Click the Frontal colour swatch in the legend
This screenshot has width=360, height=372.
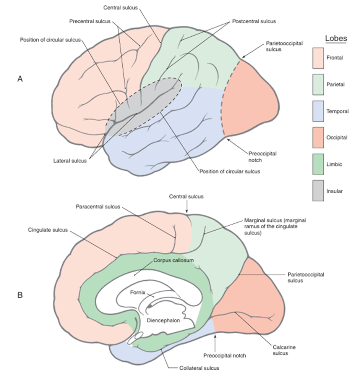click(x=318, y=58)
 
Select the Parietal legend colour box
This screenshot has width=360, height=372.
click(x=318, y=84)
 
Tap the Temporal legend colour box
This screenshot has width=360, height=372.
click(x=318, y=111)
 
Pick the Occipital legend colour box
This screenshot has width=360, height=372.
click(x=318, y=137)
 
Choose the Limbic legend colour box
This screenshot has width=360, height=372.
click(x=318, y=164)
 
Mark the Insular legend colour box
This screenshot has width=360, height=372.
click(x=318, y=191)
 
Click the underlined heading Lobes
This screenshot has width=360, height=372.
click(x=336, y=39)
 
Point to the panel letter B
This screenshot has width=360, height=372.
click(x=20, y=295)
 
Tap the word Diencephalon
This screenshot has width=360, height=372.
click(x=164, y=320)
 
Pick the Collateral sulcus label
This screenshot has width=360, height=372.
click(x=199, y=368)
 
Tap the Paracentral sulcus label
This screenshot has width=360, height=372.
click(x=98, y=207)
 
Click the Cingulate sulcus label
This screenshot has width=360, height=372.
click(x=48, y=230)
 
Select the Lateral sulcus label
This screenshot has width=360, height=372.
click(x=70, y=161)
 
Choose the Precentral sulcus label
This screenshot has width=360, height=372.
click(x=89, y=21)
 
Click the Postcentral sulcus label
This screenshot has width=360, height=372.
click(x=254, y=21)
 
